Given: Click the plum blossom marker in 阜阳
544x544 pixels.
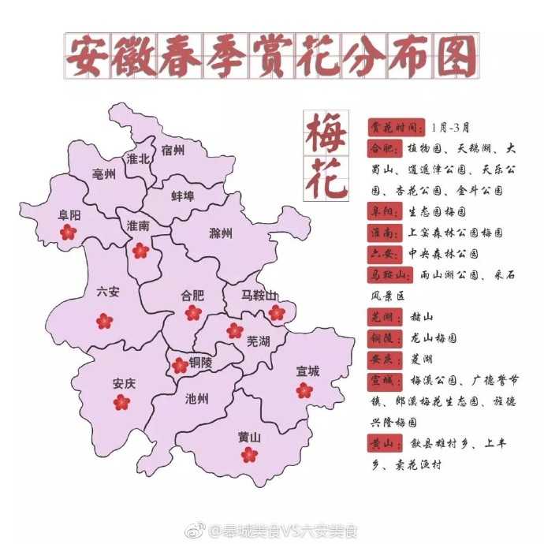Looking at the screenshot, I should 68,232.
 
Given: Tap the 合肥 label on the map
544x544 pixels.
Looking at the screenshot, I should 192,296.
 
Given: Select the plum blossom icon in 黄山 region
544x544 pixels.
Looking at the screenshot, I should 249,454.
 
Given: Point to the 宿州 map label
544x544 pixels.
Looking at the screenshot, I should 173,151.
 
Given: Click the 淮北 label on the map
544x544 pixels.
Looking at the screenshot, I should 138,158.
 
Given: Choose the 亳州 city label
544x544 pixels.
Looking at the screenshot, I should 103,174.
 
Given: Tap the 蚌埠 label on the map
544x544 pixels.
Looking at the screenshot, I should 183,196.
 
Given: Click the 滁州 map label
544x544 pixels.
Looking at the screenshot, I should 222,233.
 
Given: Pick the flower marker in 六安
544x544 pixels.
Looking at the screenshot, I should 104,320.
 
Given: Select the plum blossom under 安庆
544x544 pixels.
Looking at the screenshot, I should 121,402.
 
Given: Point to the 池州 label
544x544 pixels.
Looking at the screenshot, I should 196,399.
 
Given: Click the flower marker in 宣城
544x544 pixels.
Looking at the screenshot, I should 304,389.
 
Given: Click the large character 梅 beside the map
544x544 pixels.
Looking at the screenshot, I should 324,133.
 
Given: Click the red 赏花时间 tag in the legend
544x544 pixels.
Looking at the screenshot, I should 396,128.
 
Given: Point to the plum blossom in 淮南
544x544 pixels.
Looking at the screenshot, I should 140,251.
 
